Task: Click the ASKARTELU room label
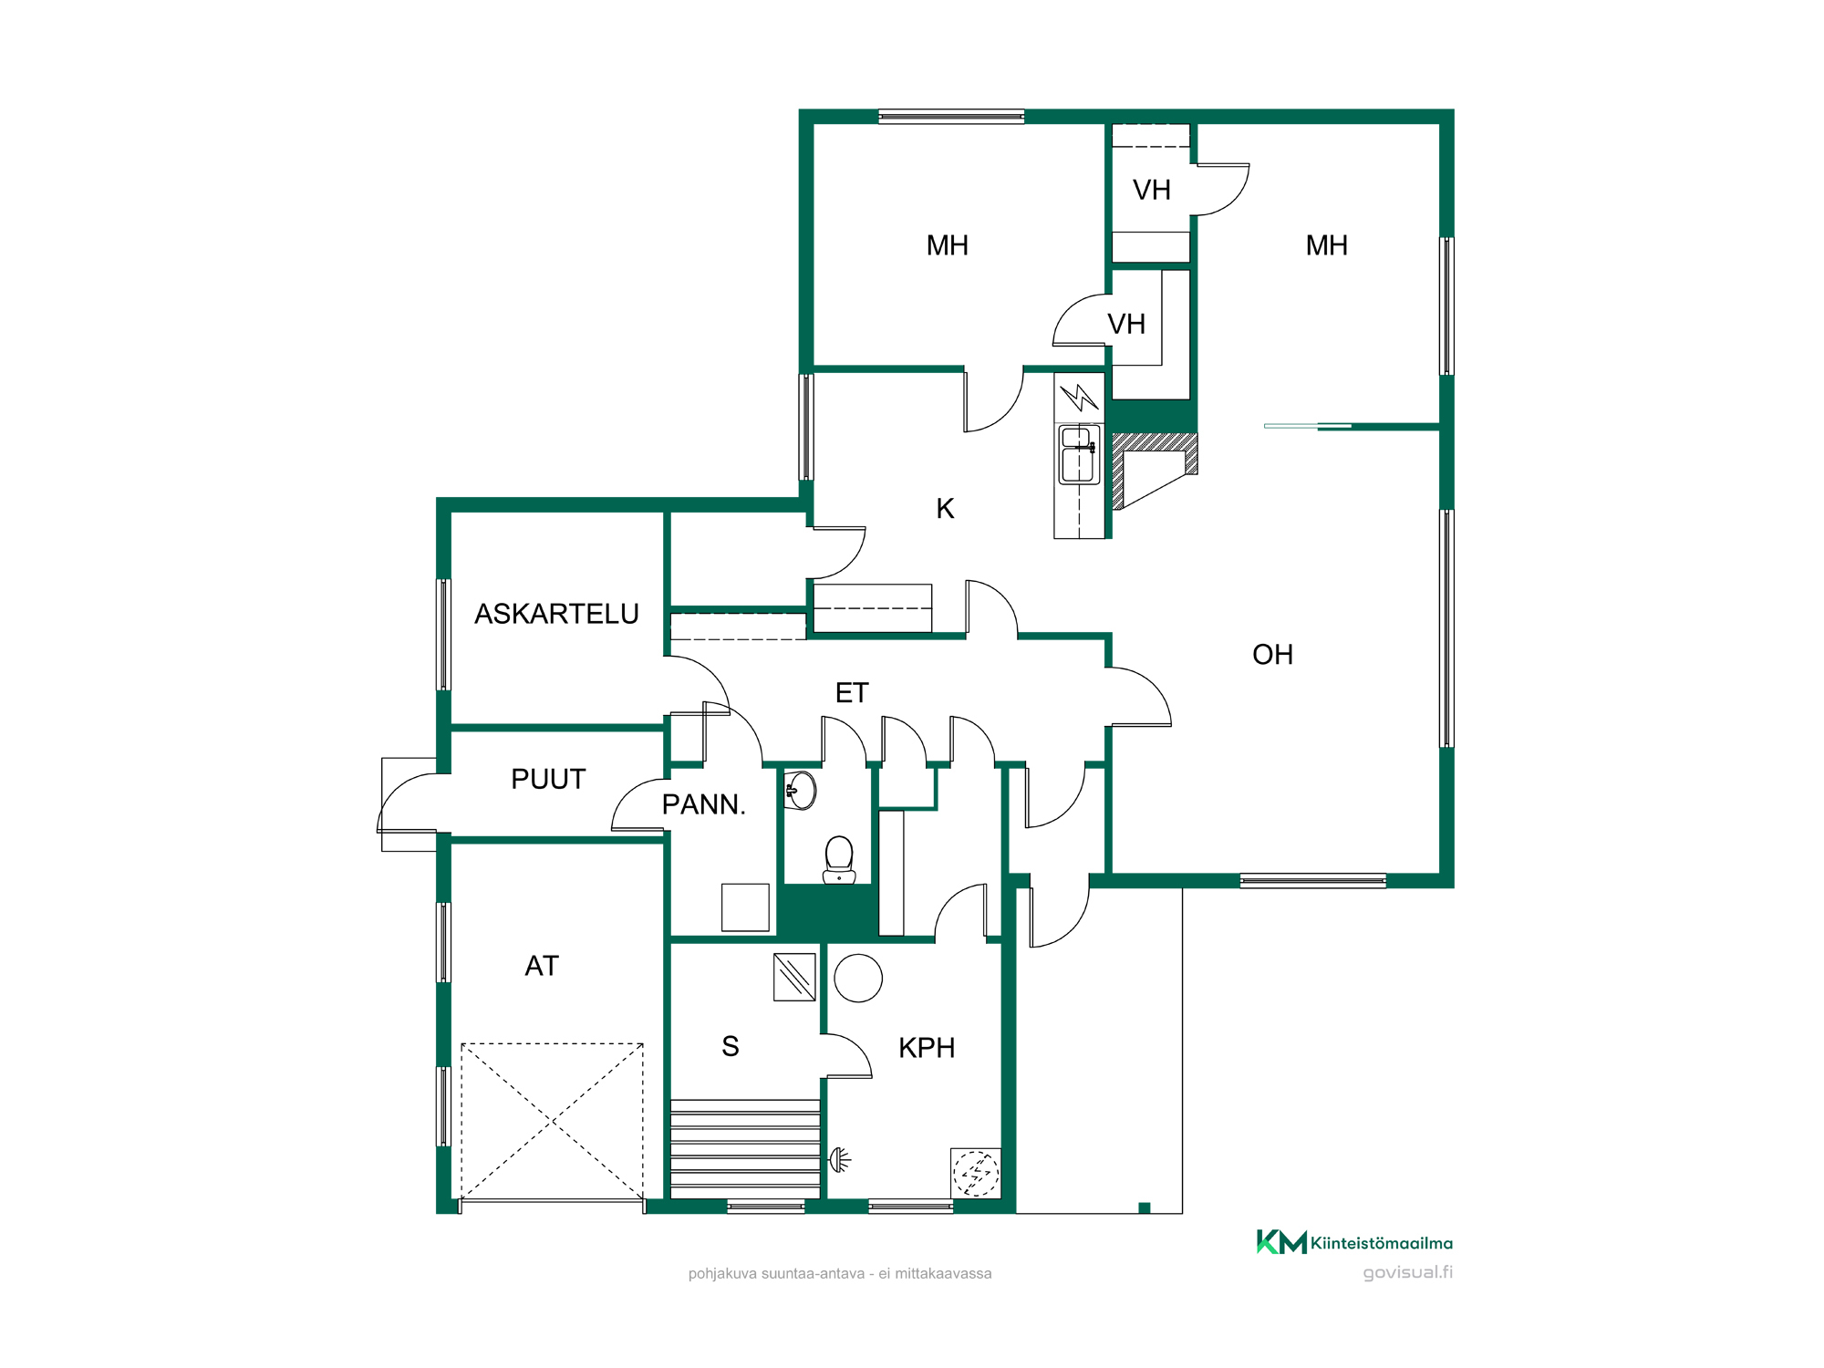click(x=556, y=614)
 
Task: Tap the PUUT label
click(x=548, y=779)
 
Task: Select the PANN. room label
click(x=703, y=804)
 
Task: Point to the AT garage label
click(x=542, y=966)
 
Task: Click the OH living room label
click(x=1272, y=655)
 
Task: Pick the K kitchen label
click(x=945, y=509)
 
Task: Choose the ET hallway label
click(x=852, y=693)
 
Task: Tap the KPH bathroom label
click(x=927, y=1048)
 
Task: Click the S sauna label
click(x=731, y=1046)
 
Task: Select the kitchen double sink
click(x=1079, y=454)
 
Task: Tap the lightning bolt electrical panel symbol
click(x=1080, y=397)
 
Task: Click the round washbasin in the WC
click(x=800, y=790)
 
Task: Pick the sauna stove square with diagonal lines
click(x=794, y=978)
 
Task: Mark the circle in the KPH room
click(x=858, y=979)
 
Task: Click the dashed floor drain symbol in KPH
click(x=976, y=1173)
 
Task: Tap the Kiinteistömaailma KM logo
click(x=1354, y=1242)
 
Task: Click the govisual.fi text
click(x=1408, y=1272)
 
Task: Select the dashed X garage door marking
click(x=553, y=1122)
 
